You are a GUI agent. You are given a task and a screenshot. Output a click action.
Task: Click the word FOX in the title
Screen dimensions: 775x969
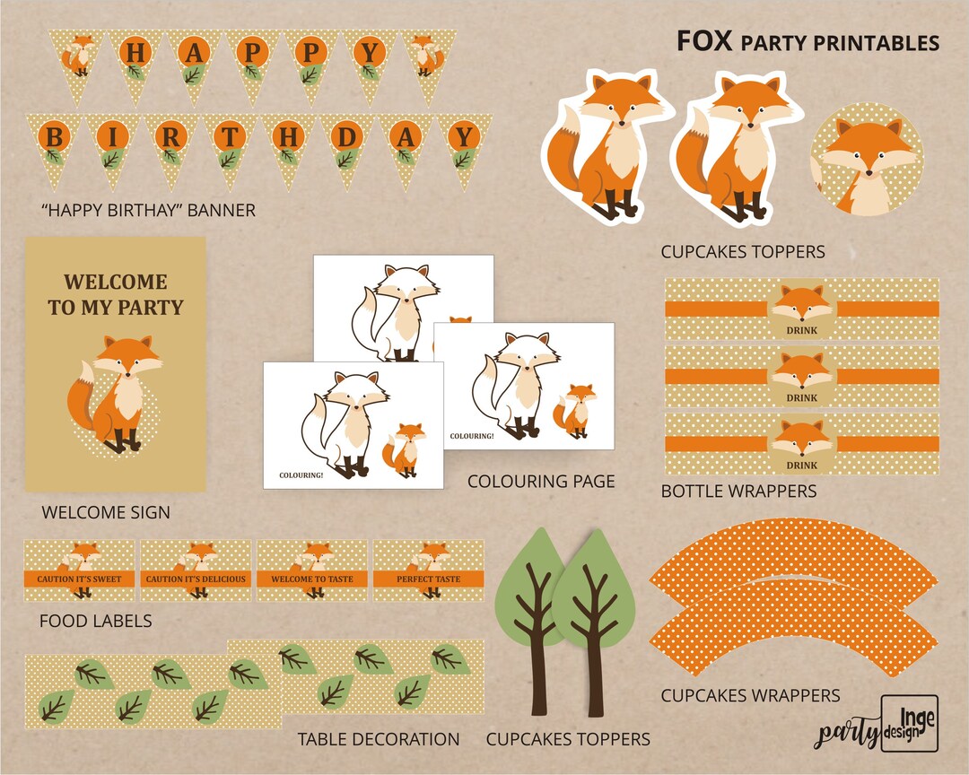[704, 41]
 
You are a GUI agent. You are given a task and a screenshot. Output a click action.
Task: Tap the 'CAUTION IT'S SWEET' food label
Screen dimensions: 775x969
[79, 570]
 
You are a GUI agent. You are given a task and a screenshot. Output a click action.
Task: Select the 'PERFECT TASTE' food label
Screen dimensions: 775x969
[428, 570]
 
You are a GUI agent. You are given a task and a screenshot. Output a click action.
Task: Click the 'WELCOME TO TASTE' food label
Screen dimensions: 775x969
[312, 570]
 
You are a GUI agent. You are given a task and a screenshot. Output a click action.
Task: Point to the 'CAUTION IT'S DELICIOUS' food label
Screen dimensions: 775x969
[196, 570]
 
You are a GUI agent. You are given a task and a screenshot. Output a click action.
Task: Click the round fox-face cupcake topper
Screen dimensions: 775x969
[865, 161]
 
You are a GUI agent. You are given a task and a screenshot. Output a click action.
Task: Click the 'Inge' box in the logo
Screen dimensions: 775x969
[909, 722]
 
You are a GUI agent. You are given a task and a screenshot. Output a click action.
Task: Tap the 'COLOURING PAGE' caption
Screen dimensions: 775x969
[541, 482]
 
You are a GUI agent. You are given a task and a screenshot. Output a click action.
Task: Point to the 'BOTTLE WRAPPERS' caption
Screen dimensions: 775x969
[738, 492]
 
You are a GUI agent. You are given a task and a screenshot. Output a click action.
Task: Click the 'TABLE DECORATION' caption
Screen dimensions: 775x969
[379, 740]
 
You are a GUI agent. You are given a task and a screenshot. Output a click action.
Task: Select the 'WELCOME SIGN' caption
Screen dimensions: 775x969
[106, 513]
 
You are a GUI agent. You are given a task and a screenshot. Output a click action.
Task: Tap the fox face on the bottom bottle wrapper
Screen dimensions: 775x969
[801, 438]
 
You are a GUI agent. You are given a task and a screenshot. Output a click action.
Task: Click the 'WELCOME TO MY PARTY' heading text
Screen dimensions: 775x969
[115, 295]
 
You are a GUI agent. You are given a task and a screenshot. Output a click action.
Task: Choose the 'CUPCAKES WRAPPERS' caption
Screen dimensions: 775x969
[750, 695]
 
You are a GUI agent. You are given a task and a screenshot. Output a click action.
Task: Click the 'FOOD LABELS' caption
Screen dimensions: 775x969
[95, 621]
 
